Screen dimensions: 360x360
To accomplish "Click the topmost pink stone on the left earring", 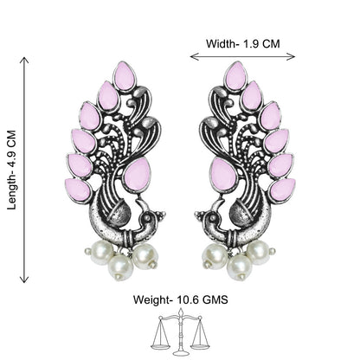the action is click(125, 76).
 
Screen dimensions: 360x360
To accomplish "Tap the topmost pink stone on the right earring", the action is click(235, 76).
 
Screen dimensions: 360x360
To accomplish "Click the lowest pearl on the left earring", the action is click(120, 267).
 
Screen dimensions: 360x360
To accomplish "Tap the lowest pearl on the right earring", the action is click(239, 267).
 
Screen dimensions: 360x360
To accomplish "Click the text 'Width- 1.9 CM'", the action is click(243, 44).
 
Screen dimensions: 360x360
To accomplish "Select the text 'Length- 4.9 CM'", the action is click(12, 170).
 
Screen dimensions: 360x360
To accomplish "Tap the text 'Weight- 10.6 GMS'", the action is click(180, 299).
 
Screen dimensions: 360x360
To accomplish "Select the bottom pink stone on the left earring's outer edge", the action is click(77, 190).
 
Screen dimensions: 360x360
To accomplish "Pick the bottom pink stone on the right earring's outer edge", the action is click(283, 190).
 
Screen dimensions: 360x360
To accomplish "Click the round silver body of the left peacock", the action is click(119, 214).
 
